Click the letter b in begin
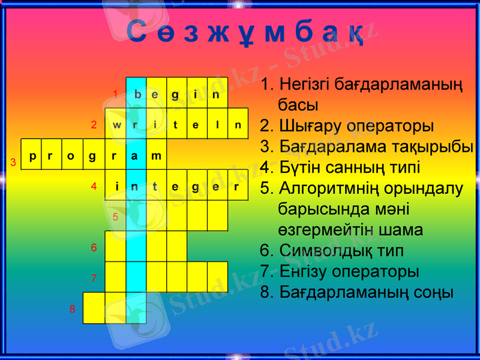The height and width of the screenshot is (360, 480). pos(137,94)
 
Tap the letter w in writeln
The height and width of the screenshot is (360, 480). pos(116,125)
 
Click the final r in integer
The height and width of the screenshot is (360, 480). pos(237,187)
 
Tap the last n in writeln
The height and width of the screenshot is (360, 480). pos(238,125)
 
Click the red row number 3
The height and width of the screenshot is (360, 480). pos(13,163)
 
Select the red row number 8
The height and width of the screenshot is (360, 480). pos(72,310)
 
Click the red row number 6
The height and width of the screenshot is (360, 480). pos(94,248)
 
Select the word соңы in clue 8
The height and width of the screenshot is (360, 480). pos(431,292)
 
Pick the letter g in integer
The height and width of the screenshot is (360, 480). pos(196,187)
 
